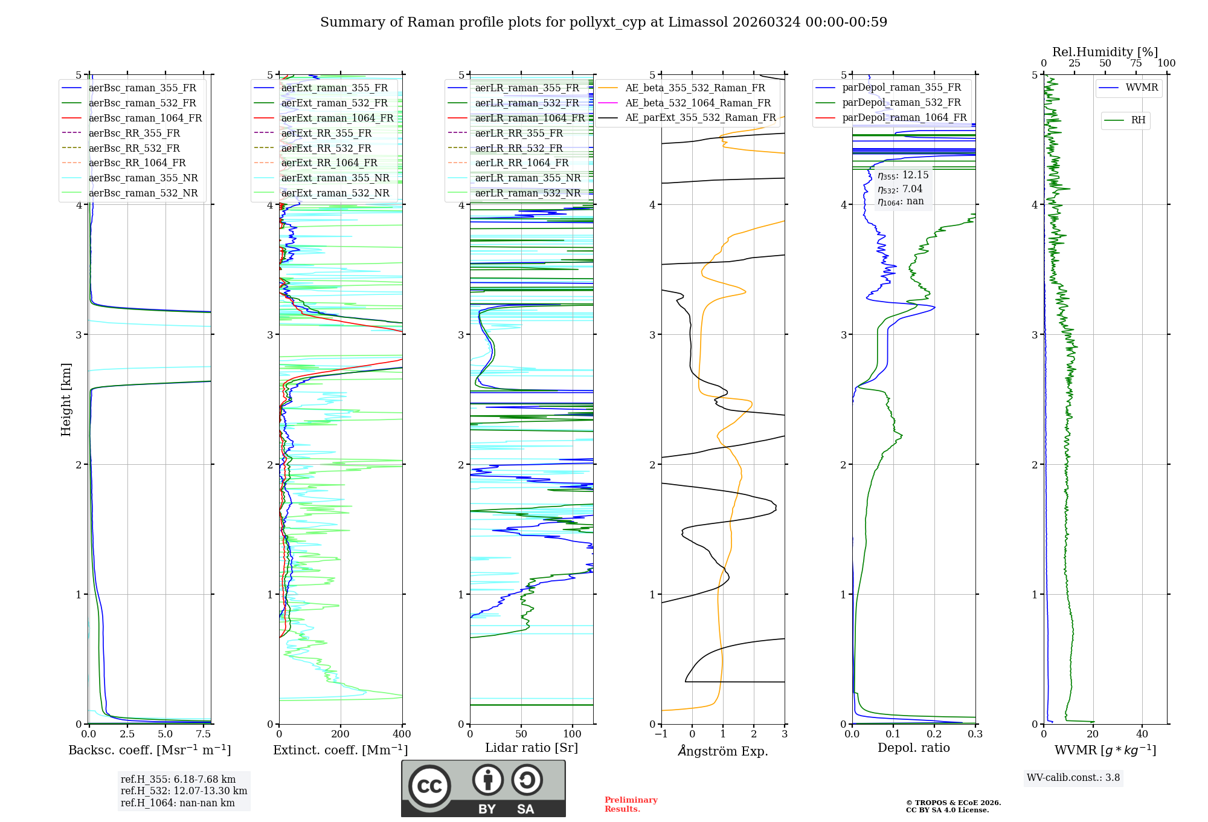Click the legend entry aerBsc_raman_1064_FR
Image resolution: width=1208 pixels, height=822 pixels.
(x=145, y=118)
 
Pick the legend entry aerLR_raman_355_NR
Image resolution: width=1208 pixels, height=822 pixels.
(x=527, y=178)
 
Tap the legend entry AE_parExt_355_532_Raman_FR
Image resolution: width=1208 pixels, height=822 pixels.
(x=700, y=118)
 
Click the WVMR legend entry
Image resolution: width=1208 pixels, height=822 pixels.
(x=1142, y=88)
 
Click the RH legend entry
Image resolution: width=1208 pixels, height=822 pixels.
(x=1138, y=120)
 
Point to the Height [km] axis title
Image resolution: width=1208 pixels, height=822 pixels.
(x=66, y=400)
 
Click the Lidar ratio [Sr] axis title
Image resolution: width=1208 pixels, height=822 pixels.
(x=531, y=748)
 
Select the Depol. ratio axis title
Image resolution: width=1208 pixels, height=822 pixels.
(x=913, y=748)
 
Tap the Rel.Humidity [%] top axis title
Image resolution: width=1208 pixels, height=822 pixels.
(x=1105, y=52)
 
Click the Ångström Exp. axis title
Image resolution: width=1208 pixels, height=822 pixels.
(x=722, y=751)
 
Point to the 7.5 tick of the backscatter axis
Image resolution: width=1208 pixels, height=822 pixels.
(x=204, y=734)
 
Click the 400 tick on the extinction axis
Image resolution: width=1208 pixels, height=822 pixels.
(x=402, y=734)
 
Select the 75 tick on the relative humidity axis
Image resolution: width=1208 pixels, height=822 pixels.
(x=1136, y=63)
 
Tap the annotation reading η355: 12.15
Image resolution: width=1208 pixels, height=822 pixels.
(x=903, y=175)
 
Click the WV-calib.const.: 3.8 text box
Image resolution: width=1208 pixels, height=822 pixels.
(x=1073, y=778)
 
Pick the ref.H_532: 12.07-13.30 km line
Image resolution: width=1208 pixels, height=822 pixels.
(x=184, y=791)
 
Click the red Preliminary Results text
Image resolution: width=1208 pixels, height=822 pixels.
(x=631, y=804)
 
